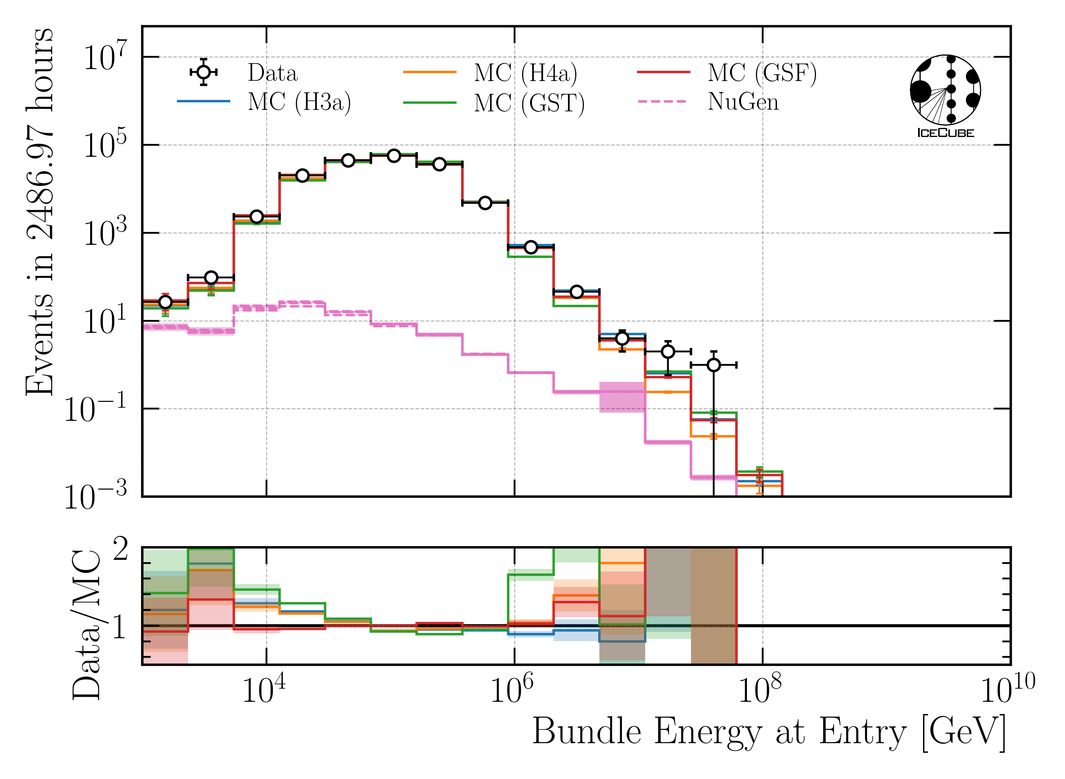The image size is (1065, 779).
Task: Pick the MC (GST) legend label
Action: [x=529, y=103]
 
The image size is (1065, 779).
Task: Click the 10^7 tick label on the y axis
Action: [x=105, y=57]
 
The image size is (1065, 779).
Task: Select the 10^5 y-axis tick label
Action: [x=105, y=145]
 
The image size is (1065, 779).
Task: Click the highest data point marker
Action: [x=394, y=156]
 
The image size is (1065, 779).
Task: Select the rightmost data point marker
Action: [x=714, y=365]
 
